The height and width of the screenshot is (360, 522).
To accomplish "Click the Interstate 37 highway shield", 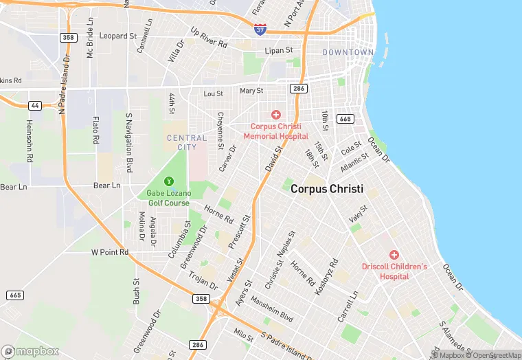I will (260, 29).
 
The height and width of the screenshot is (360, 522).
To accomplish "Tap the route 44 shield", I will (34, 105).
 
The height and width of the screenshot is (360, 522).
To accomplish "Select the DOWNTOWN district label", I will (348, 52).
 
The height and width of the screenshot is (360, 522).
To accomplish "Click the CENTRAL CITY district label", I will (187, 142).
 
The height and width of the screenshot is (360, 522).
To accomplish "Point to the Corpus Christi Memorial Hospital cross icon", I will (276, 115).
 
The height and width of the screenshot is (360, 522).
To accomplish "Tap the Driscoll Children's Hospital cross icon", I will (394, 255).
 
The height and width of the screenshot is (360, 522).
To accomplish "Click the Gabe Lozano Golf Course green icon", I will (168, 181).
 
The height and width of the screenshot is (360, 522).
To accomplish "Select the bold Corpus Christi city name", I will (326, 189).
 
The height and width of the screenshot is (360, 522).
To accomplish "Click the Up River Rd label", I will (209, 37).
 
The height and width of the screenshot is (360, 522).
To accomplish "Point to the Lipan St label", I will (279, 50).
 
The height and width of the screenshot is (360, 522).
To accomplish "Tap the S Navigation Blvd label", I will (128, 144).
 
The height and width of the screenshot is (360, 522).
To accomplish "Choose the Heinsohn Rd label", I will (30, 140).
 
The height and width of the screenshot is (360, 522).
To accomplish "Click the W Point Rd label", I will (110, 252).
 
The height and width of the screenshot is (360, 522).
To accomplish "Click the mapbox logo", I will (30, 351).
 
